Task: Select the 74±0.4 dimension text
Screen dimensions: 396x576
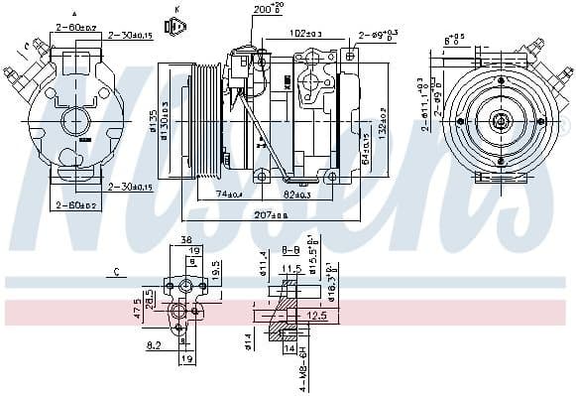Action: click(229, 194)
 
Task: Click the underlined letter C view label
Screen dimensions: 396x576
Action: click(115, 270)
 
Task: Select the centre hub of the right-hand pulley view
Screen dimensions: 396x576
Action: click(500, 122)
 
